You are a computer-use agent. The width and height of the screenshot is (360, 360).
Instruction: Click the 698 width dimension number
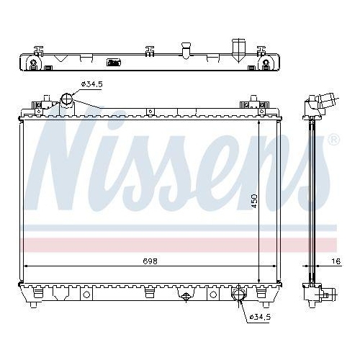point(149,261)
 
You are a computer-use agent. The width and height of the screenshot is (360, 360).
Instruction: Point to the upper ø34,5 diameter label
point(92,84)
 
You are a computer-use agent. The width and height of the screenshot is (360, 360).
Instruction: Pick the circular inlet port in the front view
point(68,99)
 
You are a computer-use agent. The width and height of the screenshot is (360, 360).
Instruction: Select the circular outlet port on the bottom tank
point(238,295)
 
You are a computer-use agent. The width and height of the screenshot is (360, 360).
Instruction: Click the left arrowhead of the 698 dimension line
point(26,266)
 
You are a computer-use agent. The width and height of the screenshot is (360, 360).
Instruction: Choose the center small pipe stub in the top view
point(185,53)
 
